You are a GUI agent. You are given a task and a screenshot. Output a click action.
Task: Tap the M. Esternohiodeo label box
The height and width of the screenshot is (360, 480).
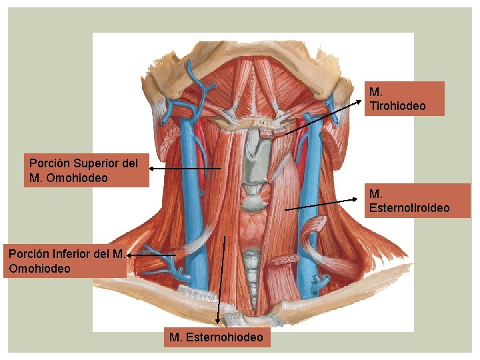[217, 338]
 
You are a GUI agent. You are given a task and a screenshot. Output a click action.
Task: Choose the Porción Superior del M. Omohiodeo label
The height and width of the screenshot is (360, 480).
[85, 171]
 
